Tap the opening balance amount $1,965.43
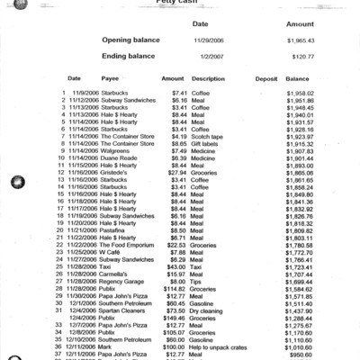click(301, 41)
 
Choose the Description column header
click(209, 78)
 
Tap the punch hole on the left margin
click(16, 184)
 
